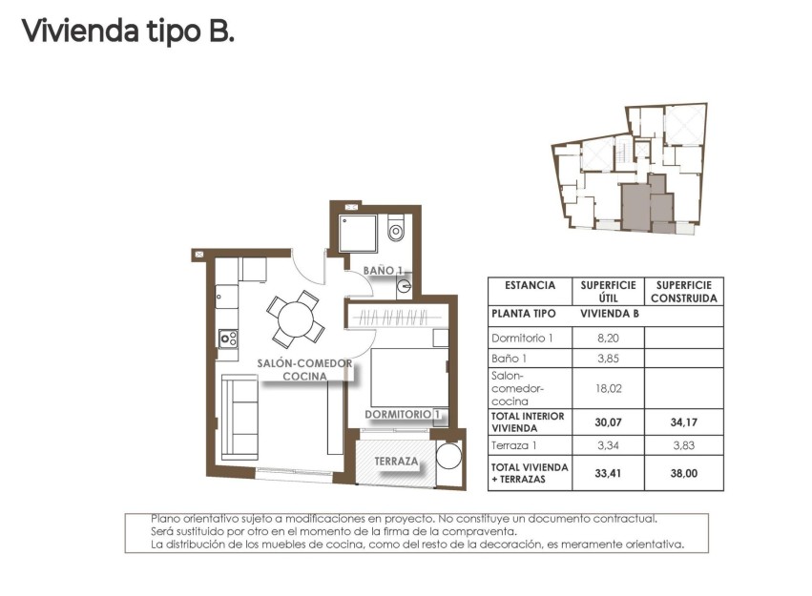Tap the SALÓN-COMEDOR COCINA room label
(x=304, y=369)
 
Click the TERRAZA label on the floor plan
(x=397, y=462)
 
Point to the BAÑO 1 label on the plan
(x=384, y=271)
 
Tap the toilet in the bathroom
(x=396, y=229)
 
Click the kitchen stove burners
(x=228, y=338)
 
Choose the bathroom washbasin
(x=405, y=284)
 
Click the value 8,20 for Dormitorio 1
(x=608, y=339)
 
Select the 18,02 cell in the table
(x=608, y=388)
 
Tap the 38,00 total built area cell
(x=683, y=473)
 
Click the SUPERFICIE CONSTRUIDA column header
(x=683, y=291)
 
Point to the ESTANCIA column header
(x=530, y=285)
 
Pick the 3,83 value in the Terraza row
(x=683, y=445)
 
